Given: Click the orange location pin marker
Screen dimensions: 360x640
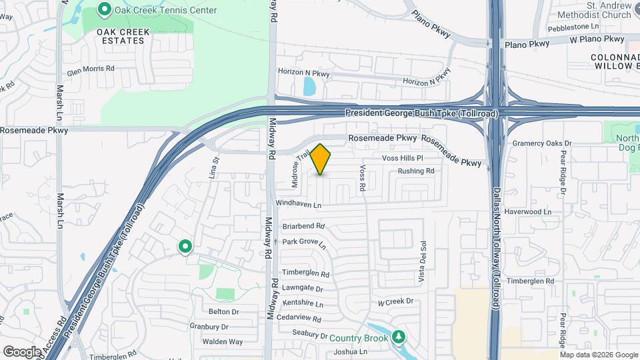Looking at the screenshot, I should point(321,159).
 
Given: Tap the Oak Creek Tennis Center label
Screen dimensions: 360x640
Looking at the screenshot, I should point(165,10).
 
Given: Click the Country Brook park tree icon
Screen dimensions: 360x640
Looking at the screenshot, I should point(399,336).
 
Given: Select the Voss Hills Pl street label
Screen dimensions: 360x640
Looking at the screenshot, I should point(402,159).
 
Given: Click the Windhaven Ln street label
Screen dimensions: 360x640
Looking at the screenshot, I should point(298,205).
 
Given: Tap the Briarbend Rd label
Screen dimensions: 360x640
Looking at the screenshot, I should point(303,226).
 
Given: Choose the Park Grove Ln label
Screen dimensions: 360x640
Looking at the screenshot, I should point(303,242).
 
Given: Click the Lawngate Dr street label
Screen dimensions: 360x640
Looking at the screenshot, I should point(302,289).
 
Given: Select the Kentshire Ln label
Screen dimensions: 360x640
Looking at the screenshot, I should point(303,304).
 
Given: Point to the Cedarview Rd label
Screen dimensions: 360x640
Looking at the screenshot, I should point(299,318).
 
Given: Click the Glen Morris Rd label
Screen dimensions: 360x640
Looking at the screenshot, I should point(91,68).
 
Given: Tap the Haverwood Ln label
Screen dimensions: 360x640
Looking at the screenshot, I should point(528,211).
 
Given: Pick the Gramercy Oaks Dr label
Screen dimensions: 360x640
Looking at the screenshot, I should point(542,143).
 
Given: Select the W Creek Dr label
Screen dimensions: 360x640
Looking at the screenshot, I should point(395,301).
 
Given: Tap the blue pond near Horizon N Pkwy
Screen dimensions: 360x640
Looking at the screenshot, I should point(309,85).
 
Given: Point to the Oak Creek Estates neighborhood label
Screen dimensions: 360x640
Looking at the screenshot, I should point(120,36).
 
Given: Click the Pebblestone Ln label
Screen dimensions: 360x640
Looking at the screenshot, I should point(573,27).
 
